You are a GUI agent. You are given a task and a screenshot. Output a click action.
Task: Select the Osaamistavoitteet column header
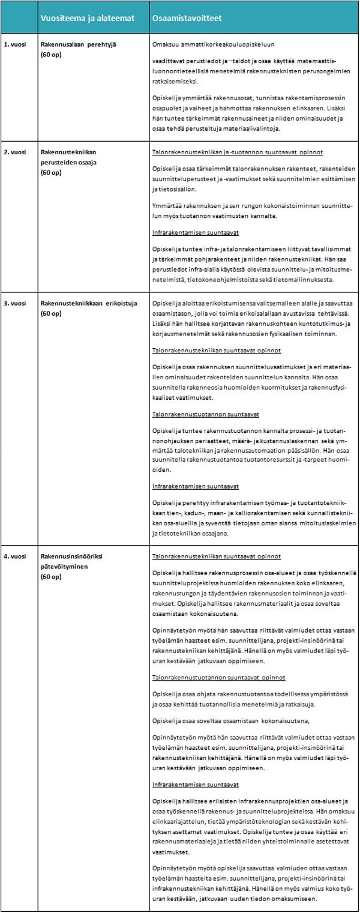pyautogui.click(x=187, y=18)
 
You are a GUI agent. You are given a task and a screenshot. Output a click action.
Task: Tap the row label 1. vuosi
pyautogui.click(x=14, y=44)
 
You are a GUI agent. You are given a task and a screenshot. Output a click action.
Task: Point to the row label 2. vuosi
pyautogui.click(x=14, y=152)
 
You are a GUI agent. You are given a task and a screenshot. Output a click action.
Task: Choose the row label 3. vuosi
pyautogui.click(x=14, y=303)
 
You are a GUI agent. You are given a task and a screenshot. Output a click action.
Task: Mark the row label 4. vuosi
pyautogui.click(x=14, y=556)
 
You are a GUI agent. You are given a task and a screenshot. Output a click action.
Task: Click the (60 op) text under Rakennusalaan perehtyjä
pyautogui.click(x=51, y=53)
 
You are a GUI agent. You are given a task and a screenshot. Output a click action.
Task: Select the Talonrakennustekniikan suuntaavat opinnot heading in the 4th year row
pyautogui.click(x=217, y=556)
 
